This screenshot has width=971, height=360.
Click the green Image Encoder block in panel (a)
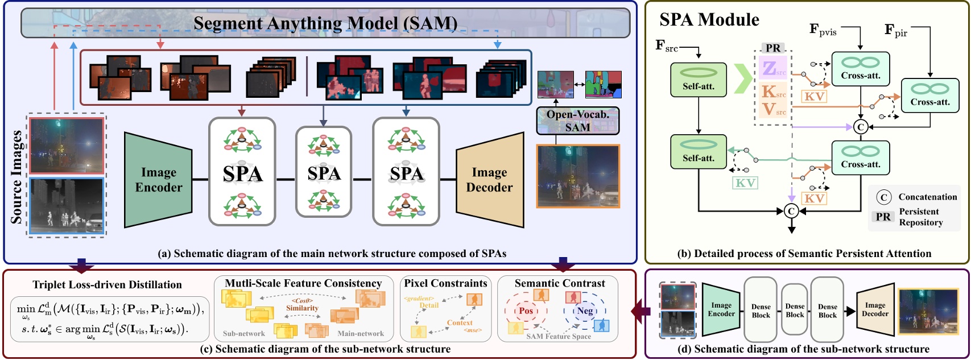[x=158, y=180]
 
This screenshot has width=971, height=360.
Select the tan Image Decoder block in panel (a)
[x=489, y=180]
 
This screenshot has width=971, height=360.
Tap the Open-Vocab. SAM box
[x=577, y=121]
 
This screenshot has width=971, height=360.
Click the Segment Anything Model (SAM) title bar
[x=325, y=23]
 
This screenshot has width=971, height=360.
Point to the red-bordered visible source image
[x=67, y=146]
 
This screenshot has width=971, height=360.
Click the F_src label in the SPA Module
[x=666, y=45]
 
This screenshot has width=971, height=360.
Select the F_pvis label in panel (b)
[x=823, y=29]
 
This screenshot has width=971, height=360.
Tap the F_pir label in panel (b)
[x=896, y=30]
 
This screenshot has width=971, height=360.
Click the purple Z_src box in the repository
[x=773, y=68]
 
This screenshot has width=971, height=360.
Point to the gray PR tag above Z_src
[x=773, y=48]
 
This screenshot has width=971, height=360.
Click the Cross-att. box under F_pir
[x=929, y=96]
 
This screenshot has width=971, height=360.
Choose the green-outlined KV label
[x=745, y=183]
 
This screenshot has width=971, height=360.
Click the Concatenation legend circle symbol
[x=883, y=197]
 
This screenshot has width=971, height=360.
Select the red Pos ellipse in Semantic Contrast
[x=526, y=311]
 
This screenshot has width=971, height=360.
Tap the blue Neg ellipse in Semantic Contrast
[x=585, y=311]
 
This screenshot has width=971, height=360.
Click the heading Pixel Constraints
[x=445, y=283]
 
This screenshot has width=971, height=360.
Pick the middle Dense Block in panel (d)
[x=795, y=310]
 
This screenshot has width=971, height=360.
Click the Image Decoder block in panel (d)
[x=875, y=310]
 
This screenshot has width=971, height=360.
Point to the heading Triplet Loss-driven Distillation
[x=107, y=285]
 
